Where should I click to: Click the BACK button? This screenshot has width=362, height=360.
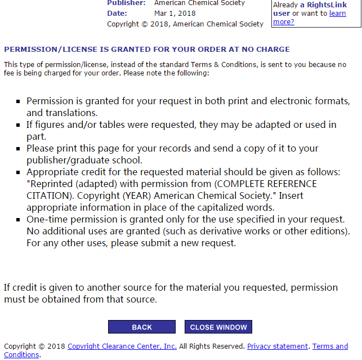pyautogui.click(x=142, y=327)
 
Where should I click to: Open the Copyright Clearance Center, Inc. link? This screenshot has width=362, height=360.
pyautogui.click(x=122, y=346)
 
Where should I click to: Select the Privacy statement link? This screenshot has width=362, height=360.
pyautogui.click(x=278, y=346)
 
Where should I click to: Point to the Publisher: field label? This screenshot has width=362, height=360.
pyautogui.click(x=126, y=3)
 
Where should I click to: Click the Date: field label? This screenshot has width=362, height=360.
pyautogui.click(x=117, y=13)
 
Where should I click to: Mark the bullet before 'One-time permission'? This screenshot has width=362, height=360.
pyautogui.click(x=19, y=219)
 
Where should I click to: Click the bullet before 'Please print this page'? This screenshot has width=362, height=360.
pyautogui.click(x=19, y=149)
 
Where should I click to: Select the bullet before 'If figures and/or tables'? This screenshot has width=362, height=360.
pyautogui.click(x=19, y=125)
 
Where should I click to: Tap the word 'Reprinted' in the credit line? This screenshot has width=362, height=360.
pyautogui.click(x=53, y=184)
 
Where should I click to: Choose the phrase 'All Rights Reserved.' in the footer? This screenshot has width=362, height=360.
pyautogui.click(x=212, y=346)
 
